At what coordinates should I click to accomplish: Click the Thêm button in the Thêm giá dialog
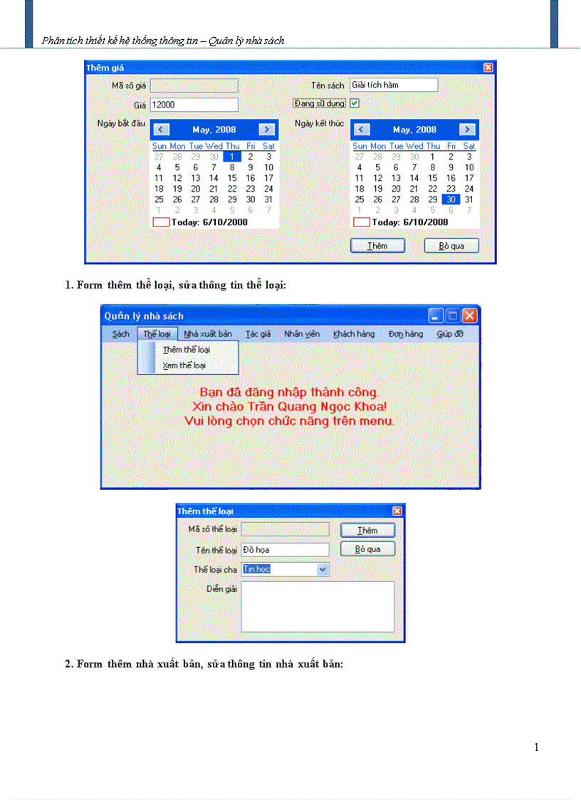(x=377, y=246)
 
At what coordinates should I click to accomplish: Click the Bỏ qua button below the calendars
(x=451, y=246)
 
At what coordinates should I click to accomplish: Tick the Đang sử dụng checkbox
(x=355, y=103)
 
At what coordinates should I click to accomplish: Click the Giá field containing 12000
(x=194, y=105)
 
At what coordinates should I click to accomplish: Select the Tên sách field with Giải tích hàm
(x=393, y=85)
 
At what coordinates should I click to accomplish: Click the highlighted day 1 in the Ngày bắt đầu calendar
(x=232, y=157)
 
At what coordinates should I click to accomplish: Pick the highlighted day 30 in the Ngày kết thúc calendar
(x=451, y=199)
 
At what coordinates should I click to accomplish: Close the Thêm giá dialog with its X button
(x=488, y=67)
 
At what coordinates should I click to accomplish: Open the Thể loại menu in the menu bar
(x=157, y=334)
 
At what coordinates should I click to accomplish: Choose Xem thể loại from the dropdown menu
(x=184, y=365)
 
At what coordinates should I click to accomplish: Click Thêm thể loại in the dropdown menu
(x=186, y=350)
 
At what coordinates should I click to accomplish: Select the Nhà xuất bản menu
(x=208, y=334)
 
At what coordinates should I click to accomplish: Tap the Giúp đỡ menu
(x=450, y=334)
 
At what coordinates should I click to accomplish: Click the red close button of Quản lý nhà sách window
(x=469, y=316)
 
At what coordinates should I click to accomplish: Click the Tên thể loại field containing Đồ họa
(x=285, y=550)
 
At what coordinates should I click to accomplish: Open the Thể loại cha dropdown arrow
(x=323, y=569)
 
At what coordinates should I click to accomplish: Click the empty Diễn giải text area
(x=318, y=606)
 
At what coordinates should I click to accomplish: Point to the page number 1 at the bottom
(x=536, y=747)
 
